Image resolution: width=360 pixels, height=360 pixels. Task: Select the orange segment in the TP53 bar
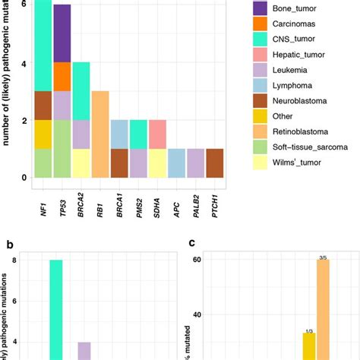point(62,76)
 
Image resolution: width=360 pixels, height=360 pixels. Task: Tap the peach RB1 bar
point(100,134)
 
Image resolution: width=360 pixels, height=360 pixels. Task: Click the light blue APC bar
point(176,163)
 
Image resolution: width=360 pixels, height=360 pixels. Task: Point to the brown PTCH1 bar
point(215,163)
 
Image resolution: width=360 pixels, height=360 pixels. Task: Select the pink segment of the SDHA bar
point(157,134)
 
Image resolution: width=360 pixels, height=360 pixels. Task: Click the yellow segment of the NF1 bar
point(43,134)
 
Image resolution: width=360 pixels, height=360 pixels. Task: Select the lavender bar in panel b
point(84,350)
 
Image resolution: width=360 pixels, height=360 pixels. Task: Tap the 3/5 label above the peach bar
point(323,258)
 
